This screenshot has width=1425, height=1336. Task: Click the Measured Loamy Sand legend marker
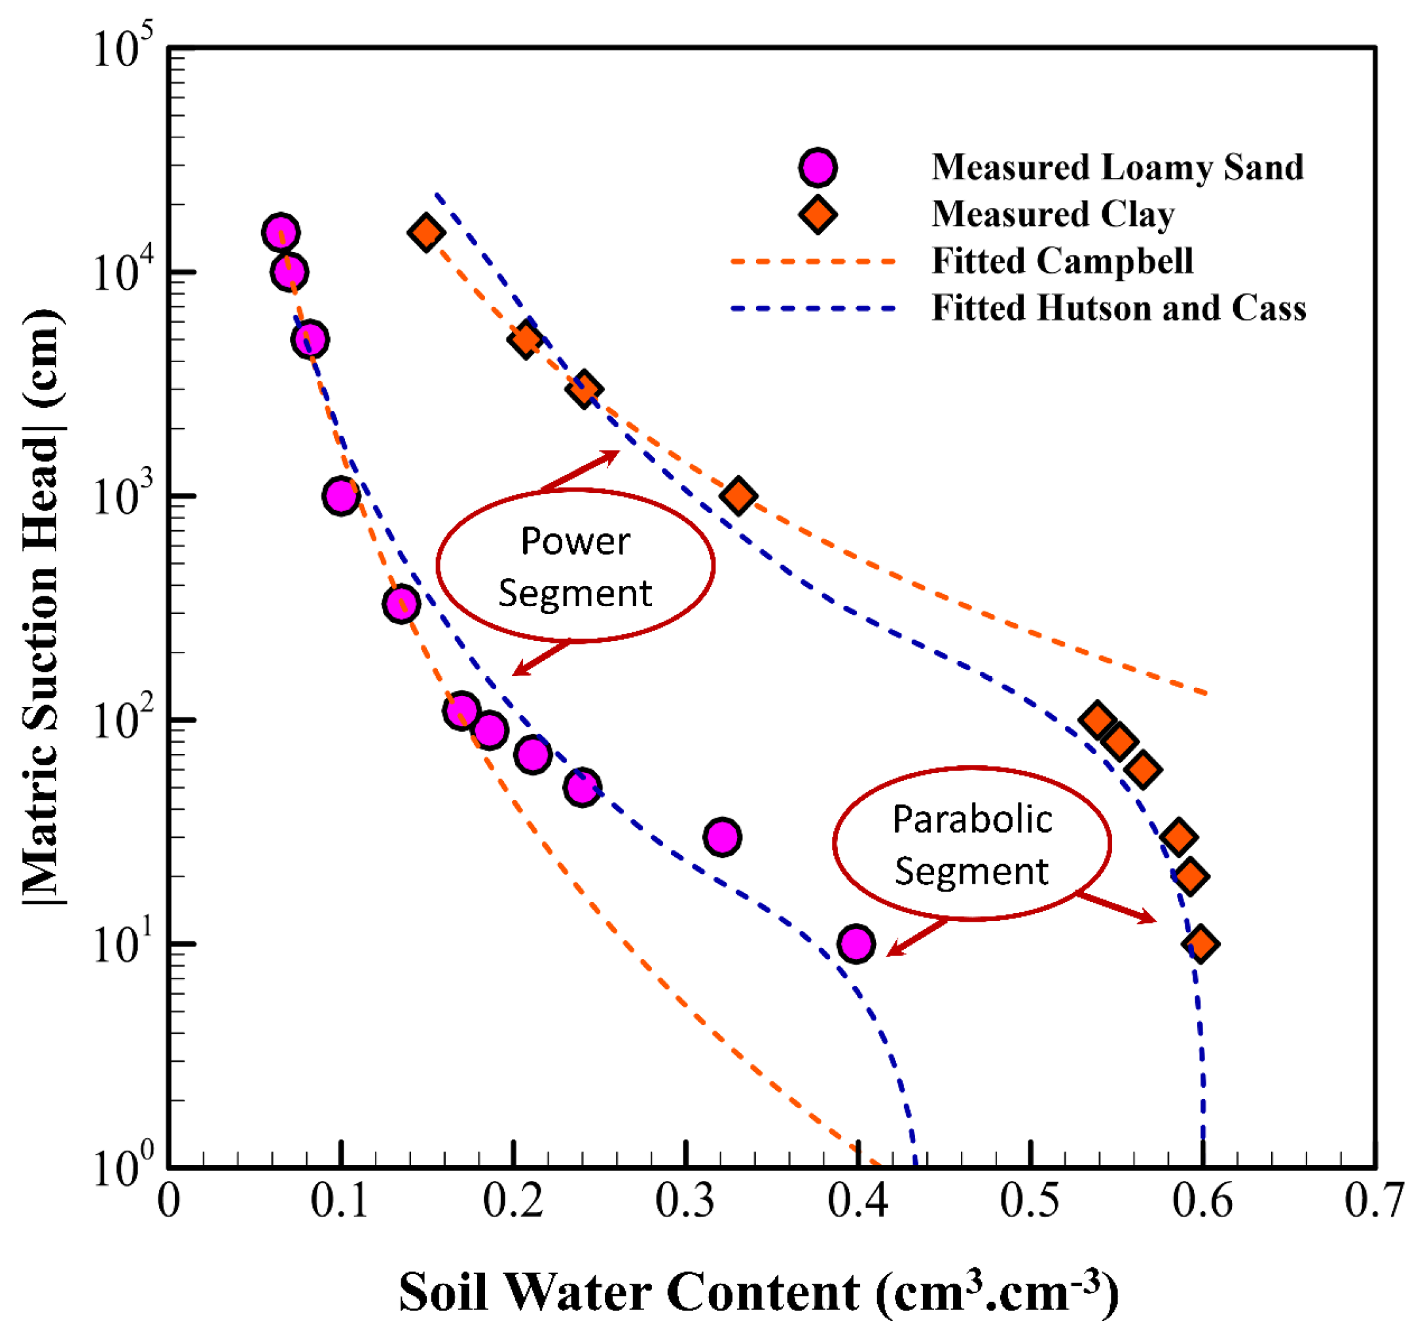pos(817,168)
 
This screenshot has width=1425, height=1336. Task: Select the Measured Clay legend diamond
pos(817,214)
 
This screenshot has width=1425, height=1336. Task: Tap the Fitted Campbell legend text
pos(1062,261)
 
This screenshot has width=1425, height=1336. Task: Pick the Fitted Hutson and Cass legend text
pos(1118,308)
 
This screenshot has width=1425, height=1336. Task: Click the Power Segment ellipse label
pos(575,566)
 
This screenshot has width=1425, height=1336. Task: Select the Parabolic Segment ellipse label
pos(972,844)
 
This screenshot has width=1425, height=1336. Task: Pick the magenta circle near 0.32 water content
pos(722,837)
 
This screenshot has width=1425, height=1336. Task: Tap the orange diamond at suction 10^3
pos(738,496)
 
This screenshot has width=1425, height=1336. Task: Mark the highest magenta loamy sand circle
pos(280,232)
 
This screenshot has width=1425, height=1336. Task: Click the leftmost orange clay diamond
pos(425,232)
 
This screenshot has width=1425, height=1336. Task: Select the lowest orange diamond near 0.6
pos(1200,944)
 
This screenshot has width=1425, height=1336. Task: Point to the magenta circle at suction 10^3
pos(341,496)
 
